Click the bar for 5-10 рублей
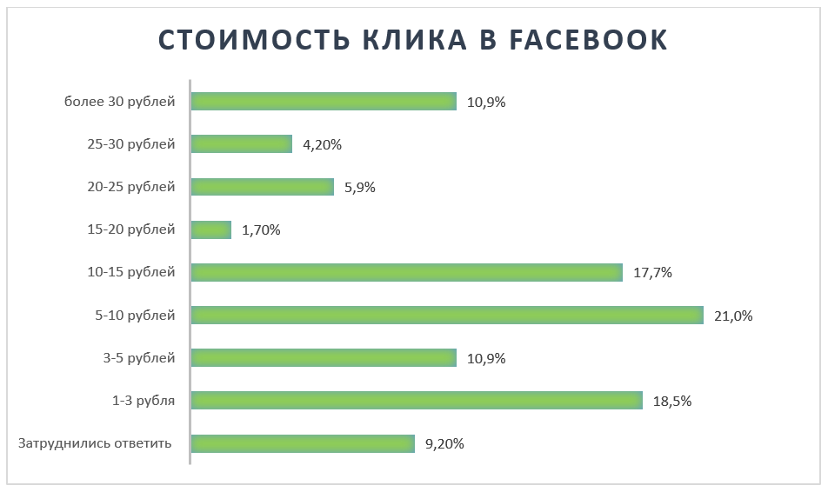tap(446, 315)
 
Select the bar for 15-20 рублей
tap(210, 229)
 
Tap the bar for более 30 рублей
tap(323, 102)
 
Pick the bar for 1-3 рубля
tap(416, 401)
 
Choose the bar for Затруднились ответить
tap(302, 443)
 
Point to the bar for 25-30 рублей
tap(241, 144)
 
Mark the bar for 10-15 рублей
tap(406, 272)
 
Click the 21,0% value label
tap(732, 316)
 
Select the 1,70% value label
tap(261, 230)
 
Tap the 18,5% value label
tap(672, 402)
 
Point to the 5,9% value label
tap(359, 187)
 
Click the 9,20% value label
tap(444, 444)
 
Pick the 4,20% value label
tap(322, 145)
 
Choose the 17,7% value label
tap(653, 273)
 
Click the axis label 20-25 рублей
tap(131, 187)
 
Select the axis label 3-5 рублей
tap(139, 358)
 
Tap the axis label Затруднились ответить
tap(94, 443)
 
